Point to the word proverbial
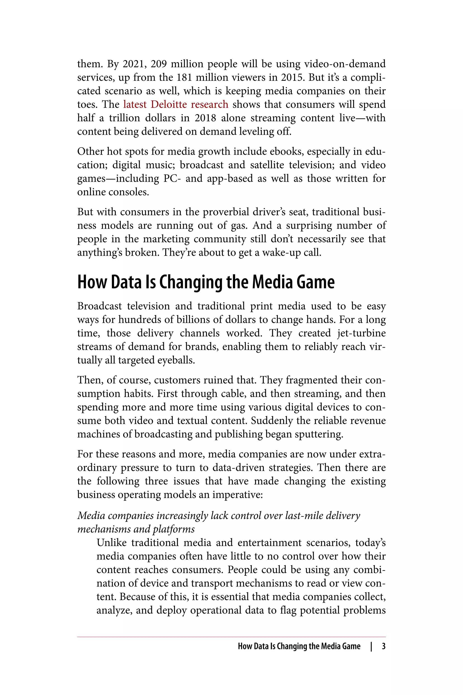[226, 212]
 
